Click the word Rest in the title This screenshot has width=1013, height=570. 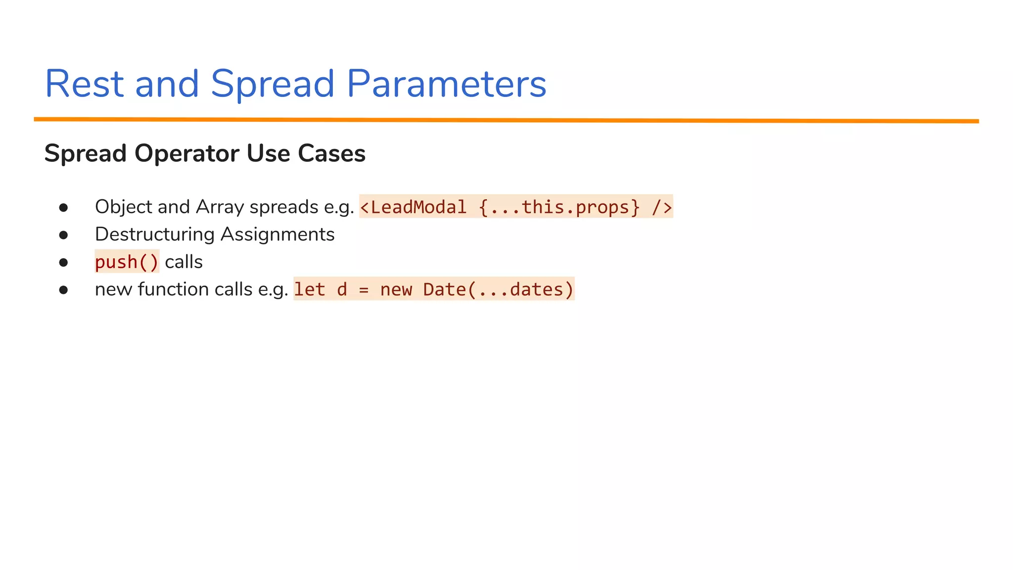pyautogui.click(x=84, y=84)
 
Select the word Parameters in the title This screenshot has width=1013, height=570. pyautogui.click(x=446, y=84)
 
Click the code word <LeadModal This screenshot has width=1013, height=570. pyautogui.click(x=413, y=207)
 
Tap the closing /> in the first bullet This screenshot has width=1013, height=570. pyautogui.click(x=662, y=207)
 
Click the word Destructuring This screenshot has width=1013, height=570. pyautogui.click(x=154, y=235)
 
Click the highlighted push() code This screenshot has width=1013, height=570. pyautogui.click(x=127, y=262)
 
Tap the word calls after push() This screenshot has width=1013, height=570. pyautogui.click(x=184, y=262)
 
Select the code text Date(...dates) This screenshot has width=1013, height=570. pyautogui.click(x=498, y=289)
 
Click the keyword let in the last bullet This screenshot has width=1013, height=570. pyautogui.click(x=310, y=289)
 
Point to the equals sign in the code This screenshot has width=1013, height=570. pyautogui.click(x=364, y=289)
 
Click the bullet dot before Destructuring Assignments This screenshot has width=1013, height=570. pyautogui.click(x=63, y=235)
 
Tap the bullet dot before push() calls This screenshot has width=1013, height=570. pyautogui.click(x=63, y=262)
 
